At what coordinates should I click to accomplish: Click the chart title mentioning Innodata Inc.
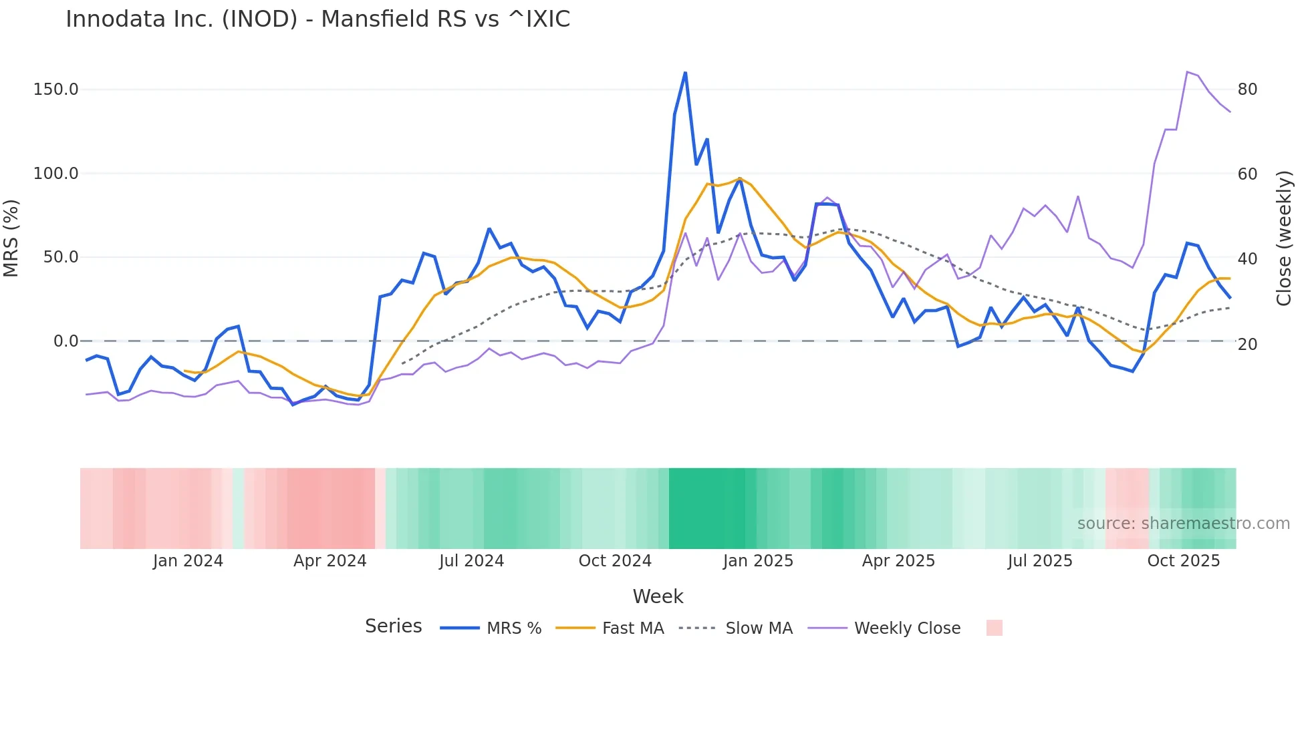click(x=317, y=19)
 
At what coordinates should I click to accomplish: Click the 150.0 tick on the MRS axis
click(x=56, y=89)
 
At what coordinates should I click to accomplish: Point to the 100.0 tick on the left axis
click(x=56, y=174)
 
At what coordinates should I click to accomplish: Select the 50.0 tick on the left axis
click(x=61, y=257)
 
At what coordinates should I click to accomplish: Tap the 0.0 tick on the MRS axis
click(x=65, y=341)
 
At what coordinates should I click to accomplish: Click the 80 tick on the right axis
click(x=1247, y=89)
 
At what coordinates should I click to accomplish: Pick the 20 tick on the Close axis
click(x=1247, y=344)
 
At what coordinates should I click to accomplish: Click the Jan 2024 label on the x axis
click(x=188, y=561)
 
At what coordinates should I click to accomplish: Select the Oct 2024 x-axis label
click(x=615, y=561)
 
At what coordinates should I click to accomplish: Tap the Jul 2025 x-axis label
click(x=1040, y=561)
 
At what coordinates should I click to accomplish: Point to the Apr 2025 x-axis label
click(x=898, y=561)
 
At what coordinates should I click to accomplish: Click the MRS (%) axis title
click(x=11, y=238)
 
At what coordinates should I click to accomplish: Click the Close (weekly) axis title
click(x=1283, y=238)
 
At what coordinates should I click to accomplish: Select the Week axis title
click(x=658, y=596)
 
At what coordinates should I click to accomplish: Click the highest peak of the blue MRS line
click(x=685, y=73)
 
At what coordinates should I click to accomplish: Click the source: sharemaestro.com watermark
click(x=1183, y=524)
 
